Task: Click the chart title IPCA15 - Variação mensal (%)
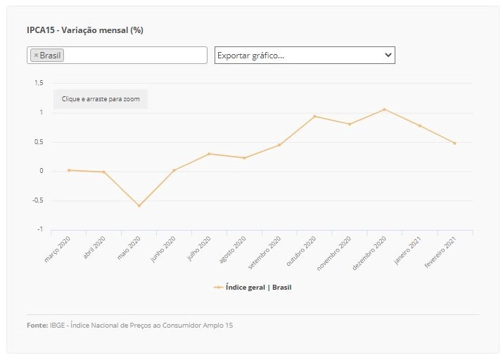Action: click(85, 30)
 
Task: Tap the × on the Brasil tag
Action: click(36, 55)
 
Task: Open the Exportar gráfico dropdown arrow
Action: click(388, 55)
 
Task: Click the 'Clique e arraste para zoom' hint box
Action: click(101, 99)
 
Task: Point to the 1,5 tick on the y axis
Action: click(39, 83)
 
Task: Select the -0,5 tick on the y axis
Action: click(38, 200)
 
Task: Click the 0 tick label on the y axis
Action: click(41, 171)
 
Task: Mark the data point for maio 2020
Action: click(139, 206)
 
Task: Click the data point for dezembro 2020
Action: click(385, 110)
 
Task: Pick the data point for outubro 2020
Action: click(314, 116)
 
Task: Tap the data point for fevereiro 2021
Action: click(455, 143)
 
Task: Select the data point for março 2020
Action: click(69, 170)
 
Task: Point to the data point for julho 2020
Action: click(209, 154)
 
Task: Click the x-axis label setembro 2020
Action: click(265, 252)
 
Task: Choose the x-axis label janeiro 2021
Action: click(407, 250)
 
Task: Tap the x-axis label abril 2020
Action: click(94, 247)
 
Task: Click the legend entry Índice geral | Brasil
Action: click(253, 288)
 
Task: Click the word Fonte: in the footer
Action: click(37, 325)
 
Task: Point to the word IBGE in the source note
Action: click(58, 325)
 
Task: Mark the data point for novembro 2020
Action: click(350, 124)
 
